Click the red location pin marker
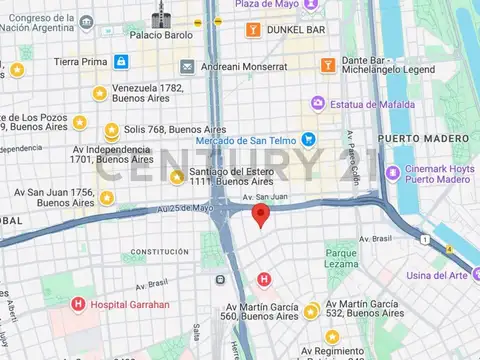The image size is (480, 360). coord(261,214)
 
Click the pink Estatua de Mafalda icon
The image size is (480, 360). coord(318,103)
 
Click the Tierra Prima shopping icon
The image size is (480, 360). coord(121,62)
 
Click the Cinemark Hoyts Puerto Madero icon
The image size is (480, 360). coord(385,173)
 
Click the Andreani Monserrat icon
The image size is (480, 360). coord(187,66)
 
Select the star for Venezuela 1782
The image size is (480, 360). coord(99,94)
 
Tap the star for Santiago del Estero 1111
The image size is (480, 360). coord(177,177)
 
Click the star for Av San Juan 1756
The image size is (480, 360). coord(107,198)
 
